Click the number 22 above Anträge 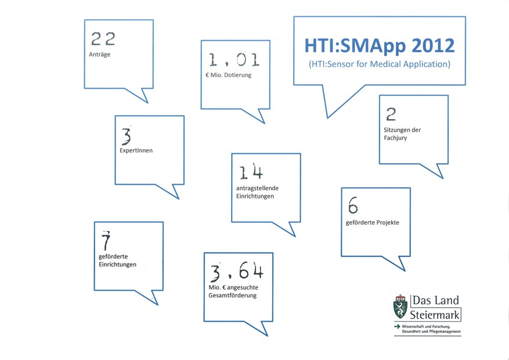click(103, 39)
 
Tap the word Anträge click(100, 55)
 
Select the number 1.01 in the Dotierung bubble click(234, 60)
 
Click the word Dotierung click(237, 75)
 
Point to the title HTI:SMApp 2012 click(380, 46)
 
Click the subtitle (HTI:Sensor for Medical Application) click(380, 64)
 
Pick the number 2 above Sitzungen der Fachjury click(391, 114)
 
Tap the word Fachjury click(395, 138)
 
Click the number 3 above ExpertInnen click(127, 136)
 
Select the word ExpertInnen click(136, 150)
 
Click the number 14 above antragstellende click(251, 172)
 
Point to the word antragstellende click(258, 188)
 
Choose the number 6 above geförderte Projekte click(353, 205)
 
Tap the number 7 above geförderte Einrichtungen click(106, 240)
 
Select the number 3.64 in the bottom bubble click(237, 271)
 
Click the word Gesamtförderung click(232, 296)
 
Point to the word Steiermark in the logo click(435, 315)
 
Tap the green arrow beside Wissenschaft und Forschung click(397, 326)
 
